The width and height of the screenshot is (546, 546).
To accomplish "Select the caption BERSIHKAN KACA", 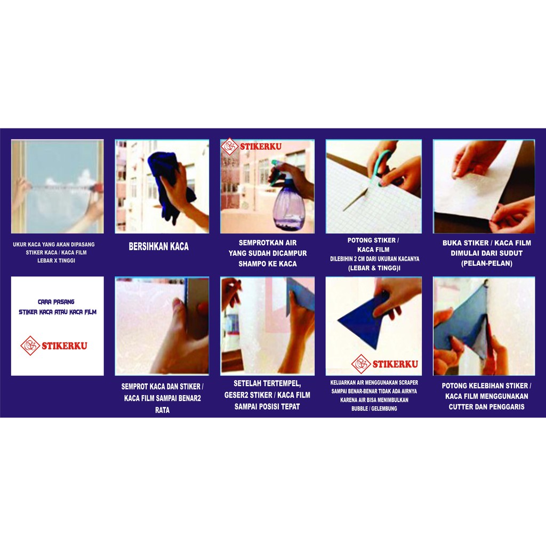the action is [159, 246].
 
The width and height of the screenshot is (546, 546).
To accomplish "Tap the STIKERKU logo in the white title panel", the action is [54, 346].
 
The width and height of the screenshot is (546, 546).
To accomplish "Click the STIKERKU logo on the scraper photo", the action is [385, 364].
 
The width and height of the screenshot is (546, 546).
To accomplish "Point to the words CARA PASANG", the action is [56, 302].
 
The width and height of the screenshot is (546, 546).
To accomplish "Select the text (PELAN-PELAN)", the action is [486, 263].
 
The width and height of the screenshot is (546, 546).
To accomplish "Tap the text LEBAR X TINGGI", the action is [56, 260].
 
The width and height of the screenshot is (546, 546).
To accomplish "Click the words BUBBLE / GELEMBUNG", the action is [374, 408].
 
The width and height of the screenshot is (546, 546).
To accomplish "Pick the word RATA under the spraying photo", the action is [162, 410].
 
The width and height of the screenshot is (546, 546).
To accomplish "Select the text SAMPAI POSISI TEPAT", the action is [267, 406].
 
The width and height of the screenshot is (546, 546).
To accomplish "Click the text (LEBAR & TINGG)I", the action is [374, 268].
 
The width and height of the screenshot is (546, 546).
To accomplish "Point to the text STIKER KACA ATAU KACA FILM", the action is [58, 312].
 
